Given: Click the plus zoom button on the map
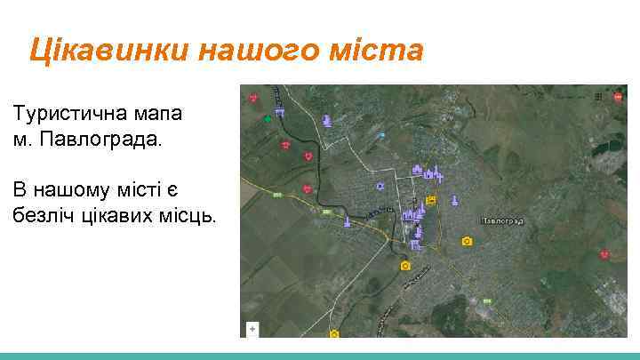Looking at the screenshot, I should (x=253, y=328).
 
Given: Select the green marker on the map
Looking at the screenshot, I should (x=268, y=117).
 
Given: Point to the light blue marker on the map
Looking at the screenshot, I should (x=381, y=134).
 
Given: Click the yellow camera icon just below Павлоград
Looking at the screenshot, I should (x=468, y=241).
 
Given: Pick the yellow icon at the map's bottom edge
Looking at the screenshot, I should (x=334, y=333).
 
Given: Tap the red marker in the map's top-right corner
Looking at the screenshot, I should (x=616, y=95).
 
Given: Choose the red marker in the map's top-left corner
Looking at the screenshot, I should (x=254, y=96).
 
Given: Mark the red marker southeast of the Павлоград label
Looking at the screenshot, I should (x=604, y=254).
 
